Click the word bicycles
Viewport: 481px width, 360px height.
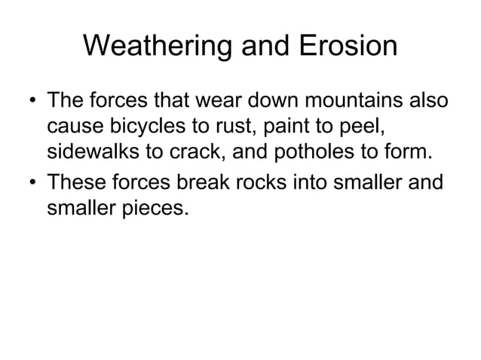tap(143, 125)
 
